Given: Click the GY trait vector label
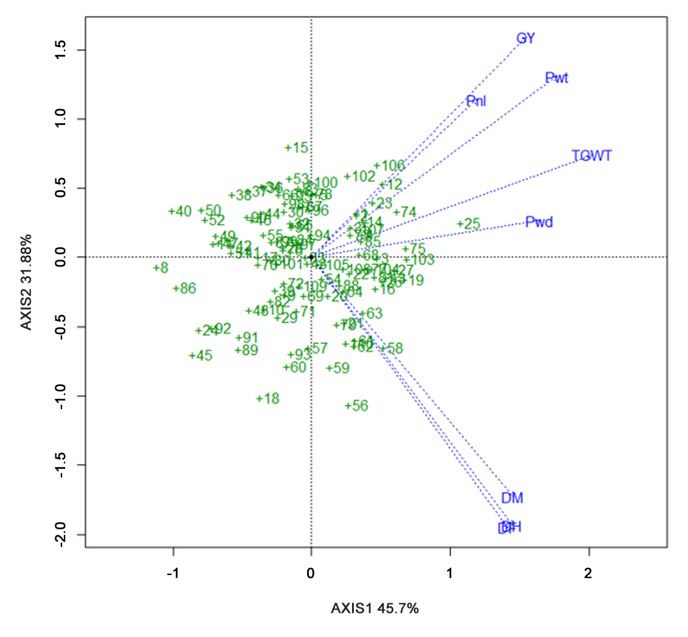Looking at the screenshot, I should click(x=526, y=39).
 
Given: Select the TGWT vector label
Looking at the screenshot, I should click(x=591, y=156).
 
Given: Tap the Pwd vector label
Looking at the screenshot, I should click(x=539, y=222).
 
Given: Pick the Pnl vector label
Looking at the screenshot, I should click(x=476, y=102).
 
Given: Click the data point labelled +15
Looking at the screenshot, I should click(x=296, y=148).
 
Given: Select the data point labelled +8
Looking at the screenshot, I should click(x=161, y=268).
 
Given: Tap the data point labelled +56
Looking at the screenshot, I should click(x=356, y=406).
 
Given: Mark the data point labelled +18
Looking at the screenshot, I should click(x=268, y=399).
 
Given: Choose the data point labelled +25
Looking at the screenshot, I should click(x=468, y=224).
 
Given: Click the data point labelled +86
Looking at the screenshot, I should click(x=184, y=288).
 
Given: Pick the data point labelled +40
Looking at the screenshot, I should click(x=180, y=212).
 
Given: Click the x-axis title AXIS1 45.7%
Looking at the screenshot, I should click(x=375, y=609).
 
